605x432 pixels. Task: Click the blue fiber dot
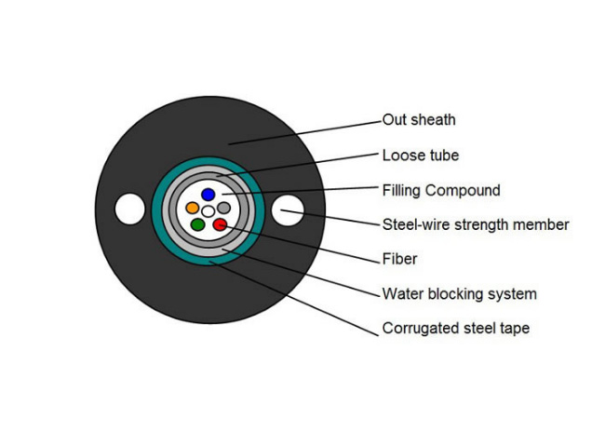pos(208,195)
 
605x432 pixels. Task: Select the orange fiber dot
pos(192,208)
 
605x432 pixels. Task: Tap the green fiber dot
pos(198,224)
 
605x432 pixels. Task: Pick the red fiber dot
pos(220,224)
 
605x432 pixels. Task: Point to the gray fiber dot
pos(223,208)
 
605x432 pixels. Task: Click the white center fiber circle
pos(208,211)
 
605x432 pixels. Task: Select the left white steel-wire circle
pos(130,209)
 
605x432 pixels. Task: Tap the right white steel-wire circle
pos(288,210)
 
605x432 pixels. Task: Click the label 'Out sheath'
pos(419,120)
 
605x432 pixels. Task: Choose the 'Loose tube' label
pos(421,155)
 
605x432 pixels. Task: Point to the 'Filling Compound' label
pos(441,190)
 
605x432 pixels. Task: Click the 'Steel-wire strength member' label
pos(476,224)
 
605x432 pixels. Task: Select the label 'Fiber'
pos(399,259)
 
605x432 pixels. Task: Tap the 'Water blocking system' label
pos(460,294)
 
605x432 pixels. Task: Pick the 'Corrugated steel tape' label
pos(456,328)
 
